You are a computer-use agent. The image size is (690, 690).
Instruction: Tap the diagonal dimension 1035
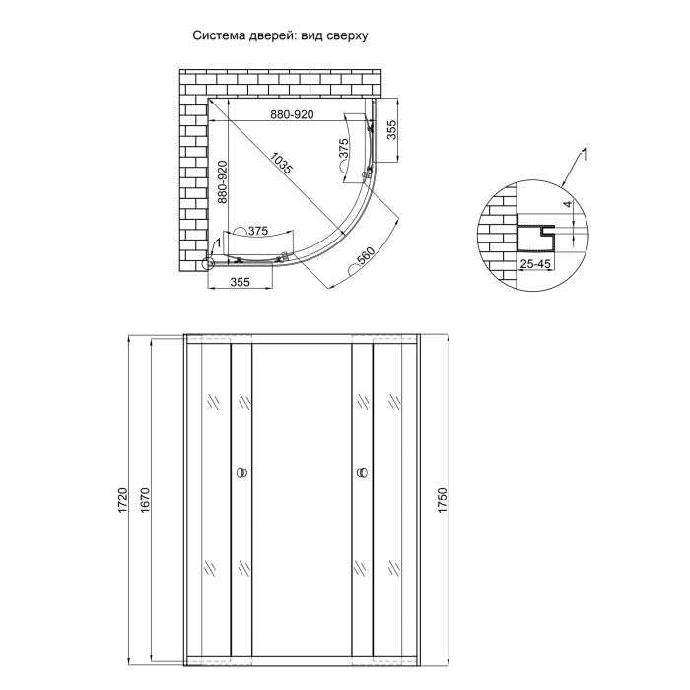point(282,164)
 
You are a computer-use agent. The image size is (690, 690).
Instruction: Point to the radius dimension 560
point(364,258)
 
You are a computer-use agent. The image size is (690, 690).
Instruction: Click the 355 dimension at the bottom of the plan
point(241,282)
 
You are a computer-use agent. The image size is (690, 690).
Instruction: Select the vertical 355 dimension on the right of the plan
point(392,131)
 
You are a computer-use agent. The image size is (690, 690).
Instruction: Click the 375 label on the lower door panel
point(257,231)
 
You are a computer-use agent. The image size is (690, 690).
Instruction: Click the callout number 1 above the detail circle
point(585,154)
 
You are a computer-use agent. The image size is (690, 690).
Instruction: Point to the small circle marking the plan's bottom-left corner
point(209,262)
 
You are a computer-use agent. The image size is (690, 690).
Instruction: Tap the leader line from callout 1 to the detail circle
point(570,173)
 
